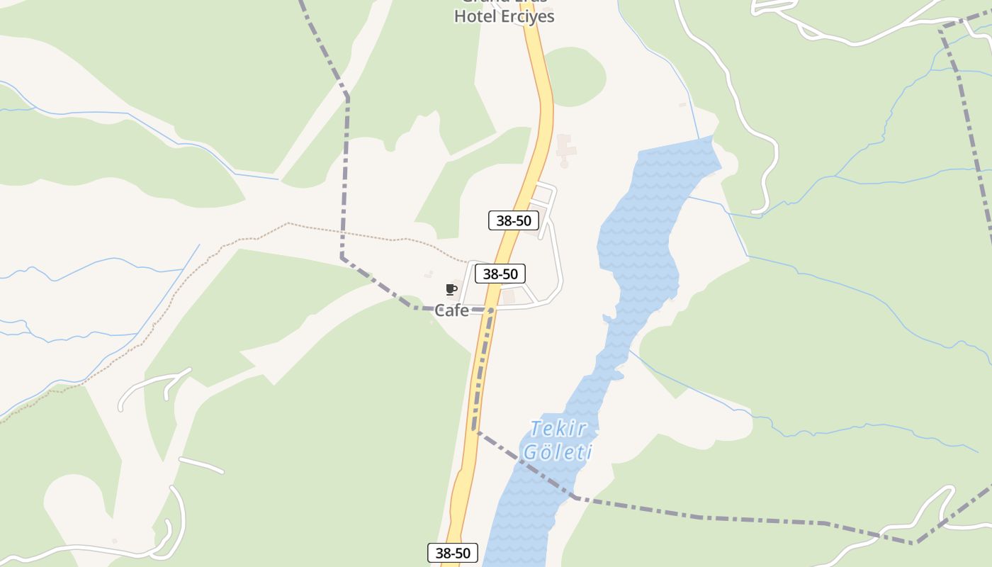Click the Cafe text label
[x=451, y=310]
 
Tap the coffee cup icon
[x=450, y=289]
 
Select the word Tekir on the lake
[x=559, y=429]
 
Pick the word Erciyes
[x=528, y=16]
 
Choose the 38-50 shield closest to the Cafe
[x=500, y=274]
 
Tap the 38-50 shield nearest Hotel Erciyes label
[x=514, y=220]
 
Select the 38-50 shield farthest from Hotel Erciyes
[x=453, y=553]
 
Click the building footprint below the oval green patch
[x=565, y=147]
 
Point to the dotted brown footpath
[x=368, y=235]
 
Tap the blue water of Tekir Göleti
[x=638, y=248]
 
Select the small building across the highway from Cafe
[x=508, y=297]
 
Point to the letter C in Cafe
[x=439, y=310]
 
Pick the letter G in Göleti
[x=530, y=451]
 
